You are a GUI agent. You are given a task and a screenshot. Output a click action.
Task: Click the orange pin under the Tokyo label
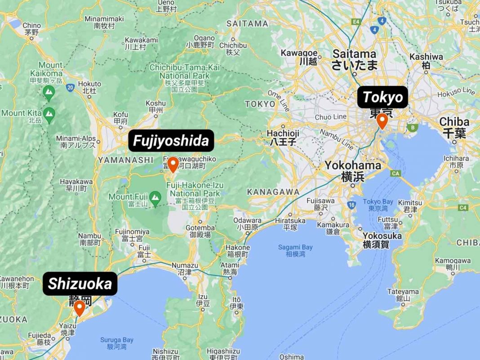coord(382,120)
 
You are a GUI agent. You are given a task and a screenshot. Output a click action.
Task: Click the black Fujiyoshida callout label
coord(171,141)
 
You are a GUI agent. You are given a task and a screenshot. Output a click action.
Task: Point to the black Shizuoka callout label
coord(80,284)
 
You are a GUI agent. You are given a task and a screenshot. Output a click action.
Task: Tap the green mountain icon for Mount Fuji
coord(155,197)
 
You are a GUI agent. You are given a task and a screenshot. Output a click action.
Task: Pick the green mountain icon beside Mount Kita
coord(49,113)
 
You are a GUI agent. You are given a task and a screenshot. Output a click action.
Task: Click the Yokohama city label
coord(353,165)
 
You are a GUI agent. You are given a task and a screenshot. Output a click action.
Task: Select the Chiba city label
coord(454,122)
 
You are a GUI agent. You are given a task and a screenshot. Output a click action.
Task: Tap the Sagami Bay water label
coord(295,248)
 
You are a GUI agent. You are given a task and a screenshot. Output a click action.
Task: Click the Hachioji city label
coord(283,133)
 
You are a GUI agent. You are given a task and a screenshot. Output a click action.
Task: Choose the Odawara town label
coord(247,221)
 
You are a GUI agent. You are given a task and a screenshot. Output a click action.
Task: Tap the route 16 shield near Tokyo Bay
coord(351,205)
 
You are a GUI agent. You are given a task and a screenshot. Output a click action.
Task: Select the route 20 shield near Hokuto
coord(70,87)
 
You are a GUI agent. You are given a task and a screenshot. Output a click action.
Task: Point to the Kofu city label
coord(121,114)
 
